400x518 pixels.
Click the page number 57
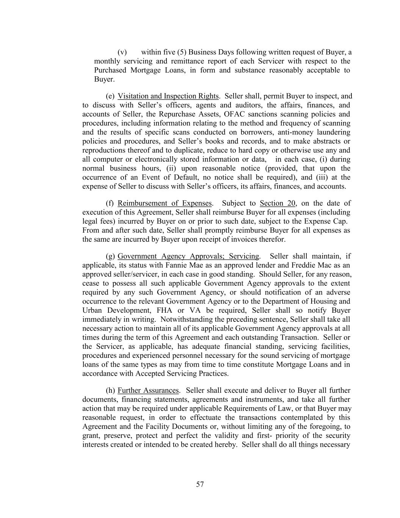[x=200, y=484]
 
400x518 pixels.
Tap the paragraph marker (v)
[x=122, y=52]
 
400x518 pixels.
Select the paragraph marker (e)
[x=110, y=96]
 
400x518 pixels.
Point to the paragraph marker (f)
[x=110, y=203]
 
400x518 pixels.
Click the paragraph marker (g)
[x=110, y=256]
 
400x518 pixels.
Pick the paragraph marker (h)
[x=110, y=390]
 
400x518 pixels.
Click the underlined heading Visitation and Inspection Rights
[x=168, y=96]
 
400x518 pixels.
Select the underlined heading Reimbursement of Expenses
[x=165, y=203]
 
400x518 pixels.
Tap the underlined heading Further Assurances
[x=148, y=390]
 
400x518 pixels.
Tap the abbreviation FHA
[x=164, y=310]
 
